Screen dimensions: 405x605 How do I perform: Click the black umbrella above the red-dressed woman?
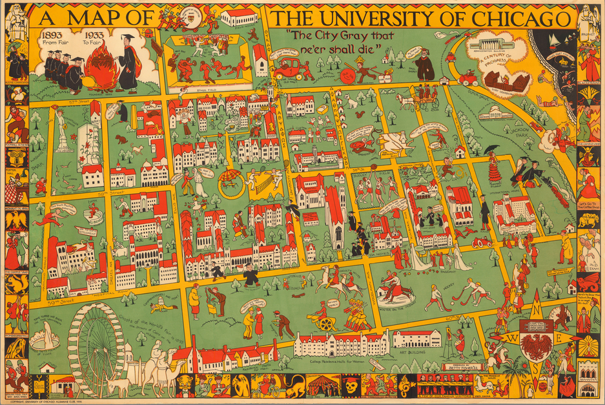pyautogui.click(x=493, y=149)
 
